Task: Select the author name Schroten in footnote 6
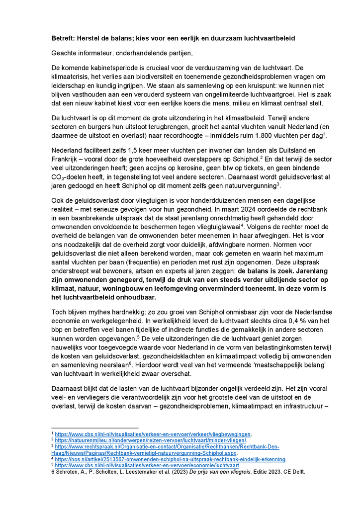(x=69, y=472)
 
